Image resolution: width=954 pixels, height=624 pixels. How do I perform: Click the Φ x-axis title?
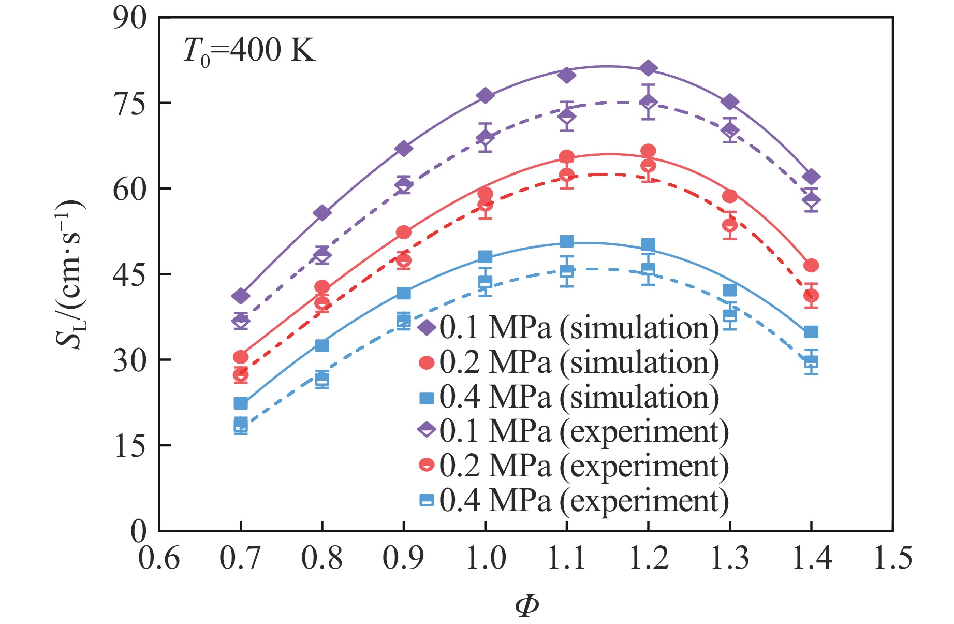click(526, 605)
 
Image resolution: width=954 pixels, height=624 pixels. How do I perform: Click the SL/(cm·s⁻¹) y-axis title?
click(70, 274)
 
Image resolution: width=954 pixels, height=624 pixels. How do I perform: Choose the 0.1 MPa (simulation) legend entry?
click(568, 328)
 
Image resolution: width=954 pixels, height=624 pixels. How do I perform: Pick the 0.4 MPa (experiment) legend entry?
click(573, 500)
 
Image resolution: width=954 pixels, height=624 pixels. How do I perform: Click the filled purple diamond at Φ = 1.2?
click(648, 68)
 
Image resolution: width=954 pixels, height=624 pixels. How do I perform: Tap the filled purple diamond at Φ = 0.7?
click(241, 296)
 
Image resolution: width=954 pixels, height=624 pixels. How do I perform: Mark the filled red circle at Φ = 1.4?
click(811, 266)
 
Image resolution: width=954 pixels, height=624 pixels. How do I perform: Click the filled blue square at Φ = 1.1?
click(567, 241)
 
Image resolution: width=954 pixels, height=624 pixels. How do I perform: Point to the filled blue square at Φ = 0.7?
click(241, 403)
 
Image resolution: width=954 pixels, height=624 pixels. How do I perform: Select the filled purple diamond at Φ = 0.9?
click(404, 149)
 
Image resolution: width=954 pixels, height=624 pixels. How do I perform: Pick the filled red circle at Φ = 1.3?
click(730, 196)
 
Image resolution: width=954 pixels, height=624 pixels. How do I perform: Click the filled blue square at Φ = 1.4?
click(811, 332)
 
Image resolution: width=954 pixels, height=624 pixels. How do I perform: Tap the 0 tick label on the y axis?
click(138, 531)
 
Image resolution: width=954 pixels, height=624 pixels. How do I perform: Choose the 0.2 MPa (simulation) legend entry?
click(568, 362)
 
